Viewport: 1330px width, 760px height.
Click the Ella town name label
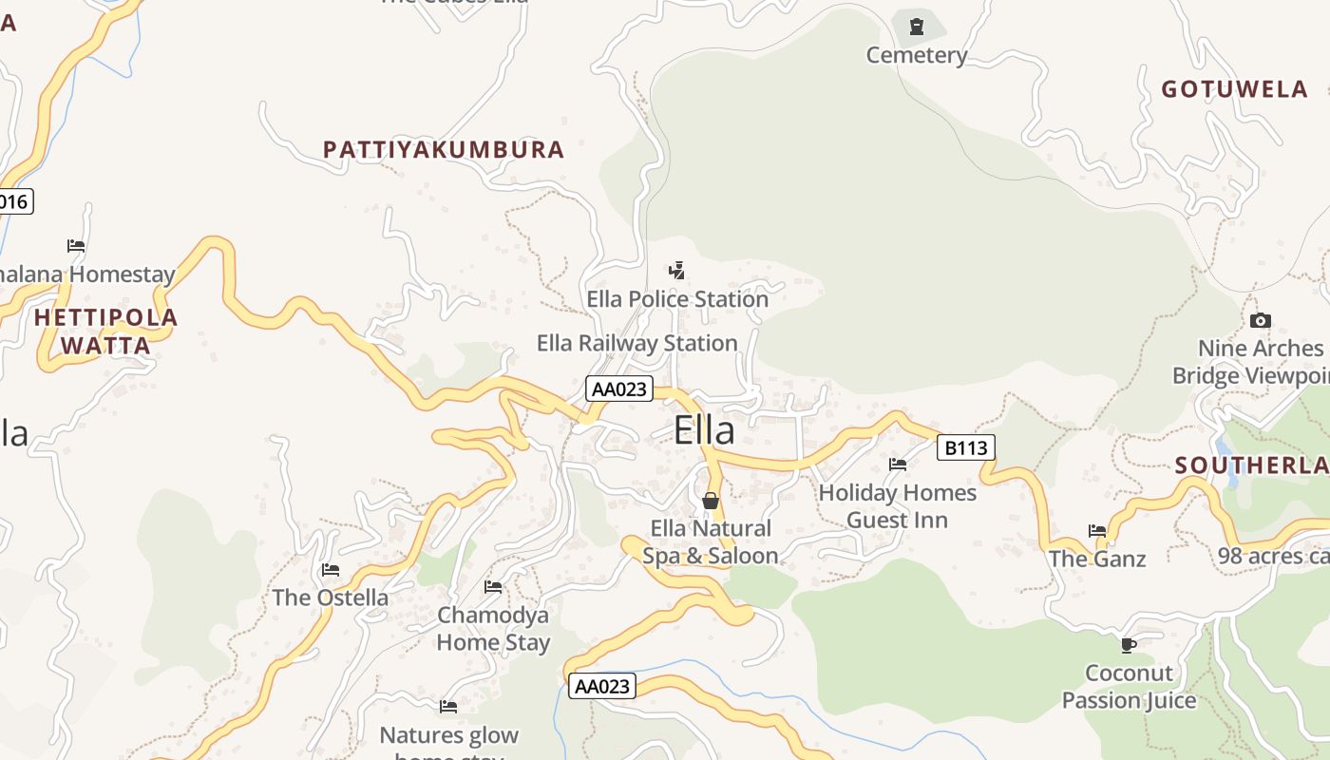tap(704, 431)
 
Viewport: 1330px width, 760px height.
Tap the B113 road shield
tap(965, 447)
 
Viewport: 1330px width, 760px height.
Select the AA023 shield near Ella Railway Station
tap(618, 389)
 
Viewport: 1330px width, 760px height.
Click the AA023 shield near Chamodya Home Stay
tap(602, 686)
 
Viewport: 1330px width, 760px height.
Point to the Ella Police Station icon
tap(676, 271)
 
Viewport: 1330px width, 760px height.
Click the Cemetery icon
tap(916, 27)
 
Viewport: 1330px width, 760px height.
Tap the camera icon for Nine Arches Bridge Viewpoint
tap(1261, 320)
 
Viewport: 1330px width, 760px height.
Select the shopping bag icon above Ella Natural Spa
tap(711, 501)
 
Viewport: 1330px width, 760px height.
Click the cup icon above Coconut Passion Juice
tap(1129, 646)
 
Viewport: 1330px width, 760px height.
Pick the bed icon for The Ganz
tap(1097, 531)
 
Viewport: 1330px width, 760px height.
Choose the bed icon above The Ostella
tap(331, 570)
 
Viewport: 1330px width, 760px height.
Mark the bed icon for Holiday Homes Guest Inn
tap(898, 465)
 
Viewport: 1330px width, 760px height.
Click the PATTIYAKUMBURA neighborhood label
tap(444, 150)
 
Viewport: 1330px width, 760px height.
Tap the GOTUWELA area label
tap(1234, 89)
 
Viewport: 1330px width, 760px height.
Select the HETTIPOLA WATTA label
tap(105, 332)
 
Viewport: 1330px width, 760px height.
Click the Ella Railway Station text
tap(636, 343)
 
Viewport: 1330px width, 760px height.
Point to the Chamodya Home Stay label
tap(493, 629)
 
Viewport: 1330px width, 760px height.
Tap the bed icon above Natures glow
tap(448, 707)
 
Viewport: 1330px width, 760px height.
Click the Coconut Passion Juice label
tap(1129, 687)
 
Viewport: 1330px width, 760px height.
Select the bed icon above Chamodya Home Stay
tap(493, 587)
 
